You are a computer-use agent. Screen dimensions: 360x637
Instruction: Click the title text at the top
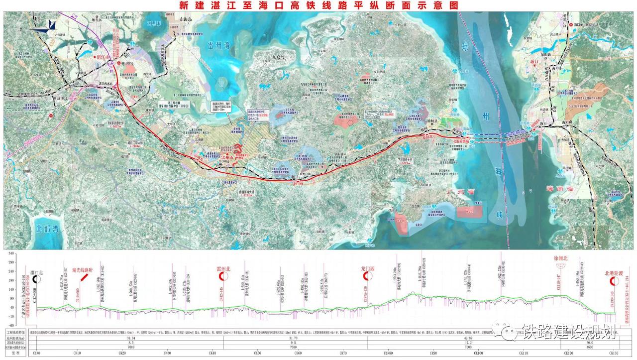pyautogui.click(x=318, y=5)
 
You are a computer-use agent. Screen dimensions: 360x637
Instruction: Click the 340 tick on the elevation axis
pyautogui.click(x=24, y=254)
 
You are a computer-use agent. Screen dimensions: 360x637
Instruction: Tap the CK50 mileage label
pyautogui.click(x=257, y=353)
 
